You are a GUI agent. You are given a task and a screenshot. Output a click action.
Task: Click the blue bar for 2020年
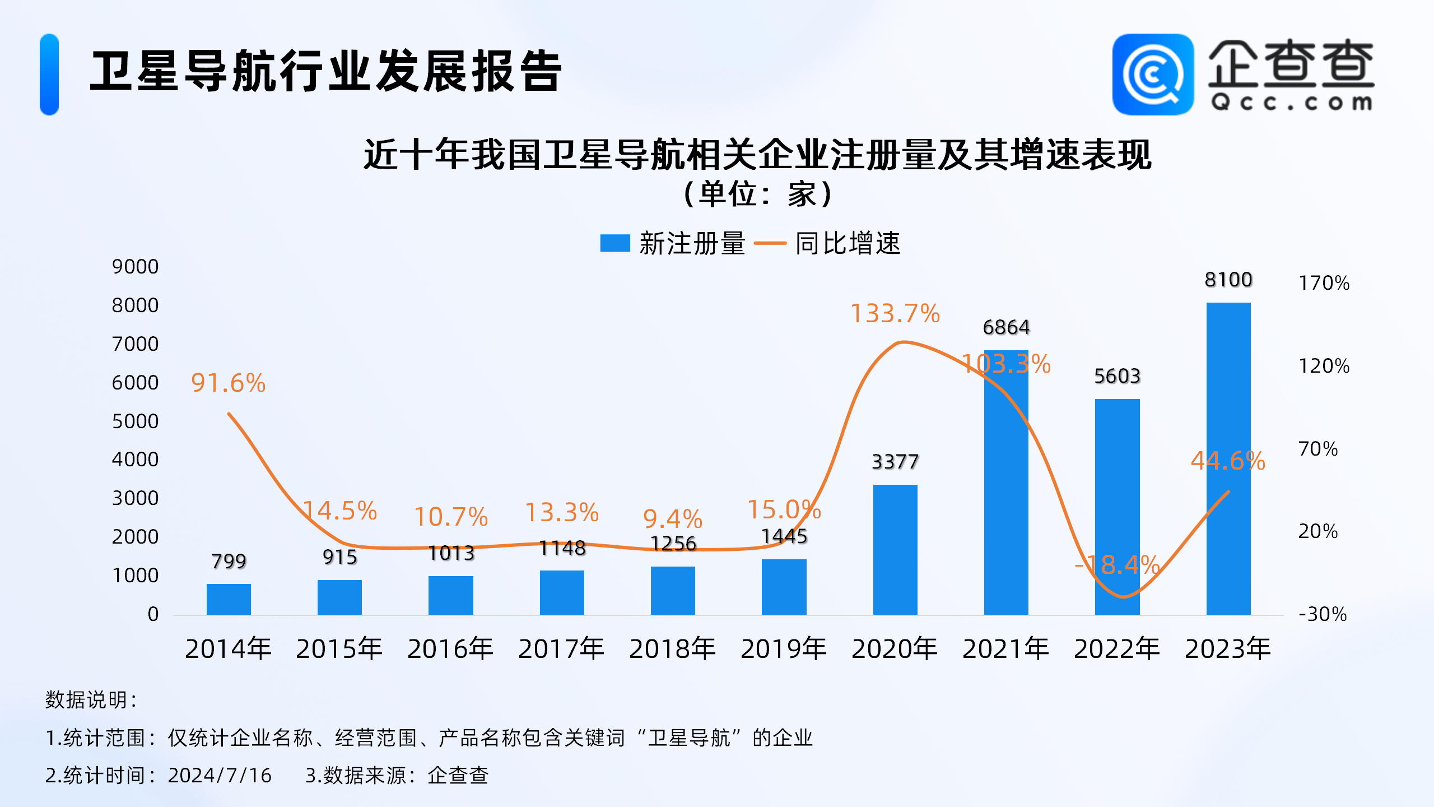(895, 549)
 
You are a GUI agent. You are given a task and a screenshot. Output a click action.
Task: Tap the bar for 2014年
(229, 599)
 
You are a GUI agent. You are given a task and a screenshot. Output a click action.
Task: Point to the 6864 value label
(1006, 327)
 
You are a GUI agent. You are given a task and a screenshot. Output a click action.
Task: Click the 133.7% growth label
(895, 313)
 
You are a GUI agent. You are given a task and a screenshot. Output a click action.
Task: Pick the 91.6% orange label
(228, 383)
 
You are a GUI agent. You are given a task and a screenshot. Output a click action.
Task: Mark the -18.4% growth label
(1117, 565)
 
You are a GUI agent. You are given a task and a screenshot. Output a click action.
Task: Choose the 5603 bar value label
(1117, 376)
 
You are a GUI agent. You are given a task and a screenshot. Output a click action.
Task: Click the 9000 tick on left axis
(135, 267)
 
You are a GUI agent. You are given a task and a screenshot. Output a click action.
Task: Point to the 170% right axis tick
(1324, 283)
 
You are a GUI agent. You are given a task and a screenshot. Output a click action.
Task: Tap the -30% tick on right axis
(1323, 614)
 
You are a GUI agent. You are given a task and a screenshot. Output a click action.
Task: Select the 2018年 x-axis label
(672, 649)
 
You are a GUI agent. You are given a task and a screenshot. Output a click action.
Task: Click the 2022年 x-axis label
(1117, 649)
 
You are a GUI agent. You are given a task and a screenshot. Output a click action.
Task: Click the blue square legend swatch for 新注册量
(614, 243)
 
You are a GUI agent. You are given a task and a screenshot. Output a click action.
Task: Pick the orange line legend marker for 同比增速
(770, 243)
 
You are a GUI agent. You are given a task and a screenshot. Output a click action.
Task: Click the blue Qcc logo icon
(1152, 75)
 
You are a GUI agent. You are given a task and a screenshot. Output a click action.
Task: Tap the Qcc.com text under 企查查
(1291, 103)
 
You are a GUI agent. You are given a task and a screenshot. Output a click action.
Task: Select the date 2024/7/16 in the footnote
(220, 776)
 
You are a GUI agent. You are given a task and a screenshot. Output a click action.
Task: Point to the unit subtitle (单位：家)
(757, 194)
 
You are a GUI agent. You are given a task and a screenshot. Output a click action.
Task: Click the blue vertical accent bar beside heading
(49, 75)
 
